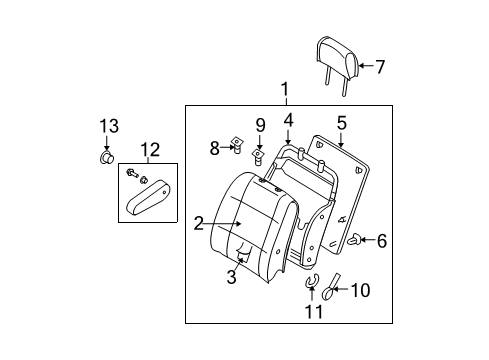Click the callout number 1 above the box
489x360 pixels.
(x=284, y=90)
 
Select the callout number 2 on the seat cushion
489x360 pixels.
(x=199, y=223)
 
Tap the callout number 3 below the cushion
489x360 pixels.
(x=231, y=277)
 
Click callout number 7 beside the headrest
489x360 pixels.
(x=379, y=67)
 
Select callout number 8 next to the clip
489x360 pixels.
(x=213, y=149)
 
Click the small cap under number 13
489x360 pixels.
(x=107, y=157)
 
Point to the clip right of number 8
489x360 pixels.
(x=236, y=148)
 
